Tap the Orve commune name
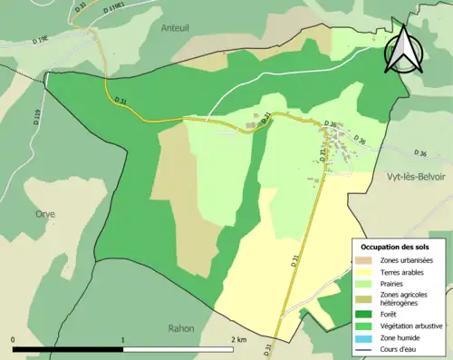(45, 214)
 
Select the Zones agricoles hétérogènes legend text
(404, 298)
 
